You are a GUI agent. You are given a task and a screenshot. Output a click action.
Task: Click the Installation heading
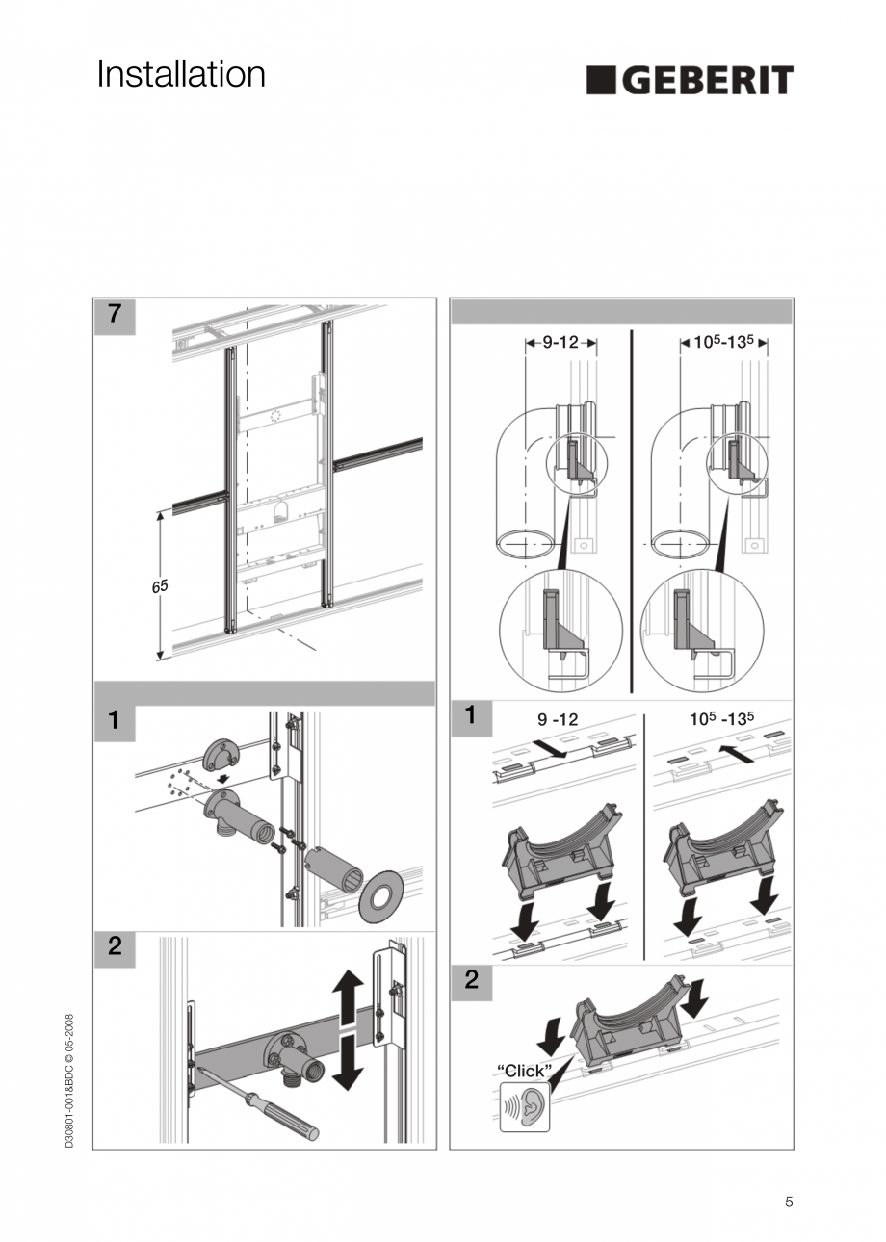click(181, 75)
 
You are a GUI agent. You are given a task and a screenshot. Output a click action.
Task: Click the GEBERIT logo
click(690, 81)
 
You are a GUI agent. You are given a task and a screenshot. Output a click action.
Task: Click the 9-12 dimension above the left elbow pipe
click(560, 342)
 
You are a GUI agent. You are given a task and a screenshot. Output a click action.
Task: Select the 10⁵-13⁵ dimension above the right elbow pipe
click(723, 342)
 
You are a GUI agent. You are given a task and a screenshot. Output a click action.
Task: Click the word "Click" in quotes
click(524, 1070)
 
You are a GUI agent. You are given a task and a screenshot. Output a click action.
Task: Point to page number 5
click(789, 1202)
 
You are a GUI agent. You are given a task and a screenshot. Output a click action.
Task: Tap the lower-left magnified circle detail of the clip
click(560, 631)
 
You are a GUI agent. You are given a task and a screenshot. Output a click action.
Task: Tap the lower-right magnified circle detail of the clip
click(701, 631)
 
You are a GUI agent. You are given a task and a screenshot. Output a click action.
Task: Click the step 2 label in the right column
click(471, 980)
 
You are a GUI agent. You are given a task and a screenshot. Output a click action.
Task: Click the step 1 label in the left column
click(115, 720)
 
